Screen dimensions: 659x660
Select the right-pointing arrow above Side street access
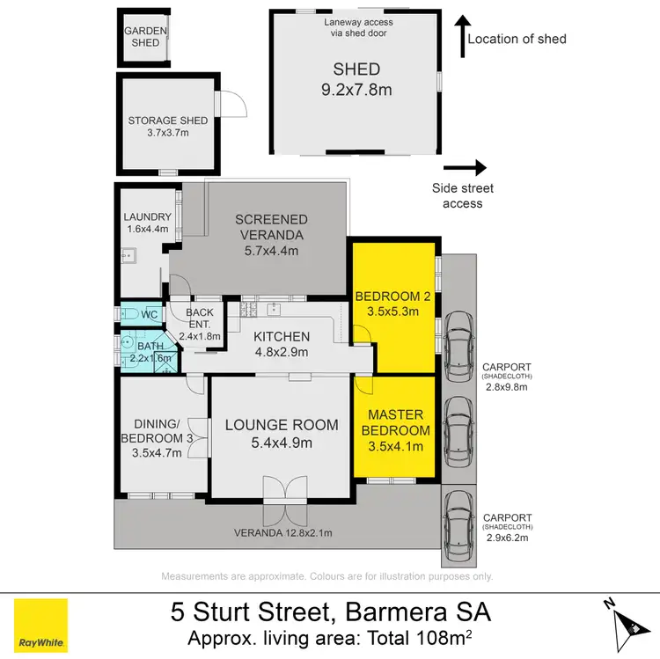coord(465,167)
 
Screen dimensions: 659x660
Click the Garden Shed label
coord(145,36)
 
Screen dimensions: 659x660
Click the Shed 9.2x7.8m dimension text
coord(356,88)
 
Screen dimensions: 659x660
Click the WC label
coord(149,314)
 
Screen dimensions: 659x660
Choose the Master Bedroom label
coord(395,422)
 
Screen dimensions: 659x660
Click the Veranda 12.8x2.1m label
coord(282,532)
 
